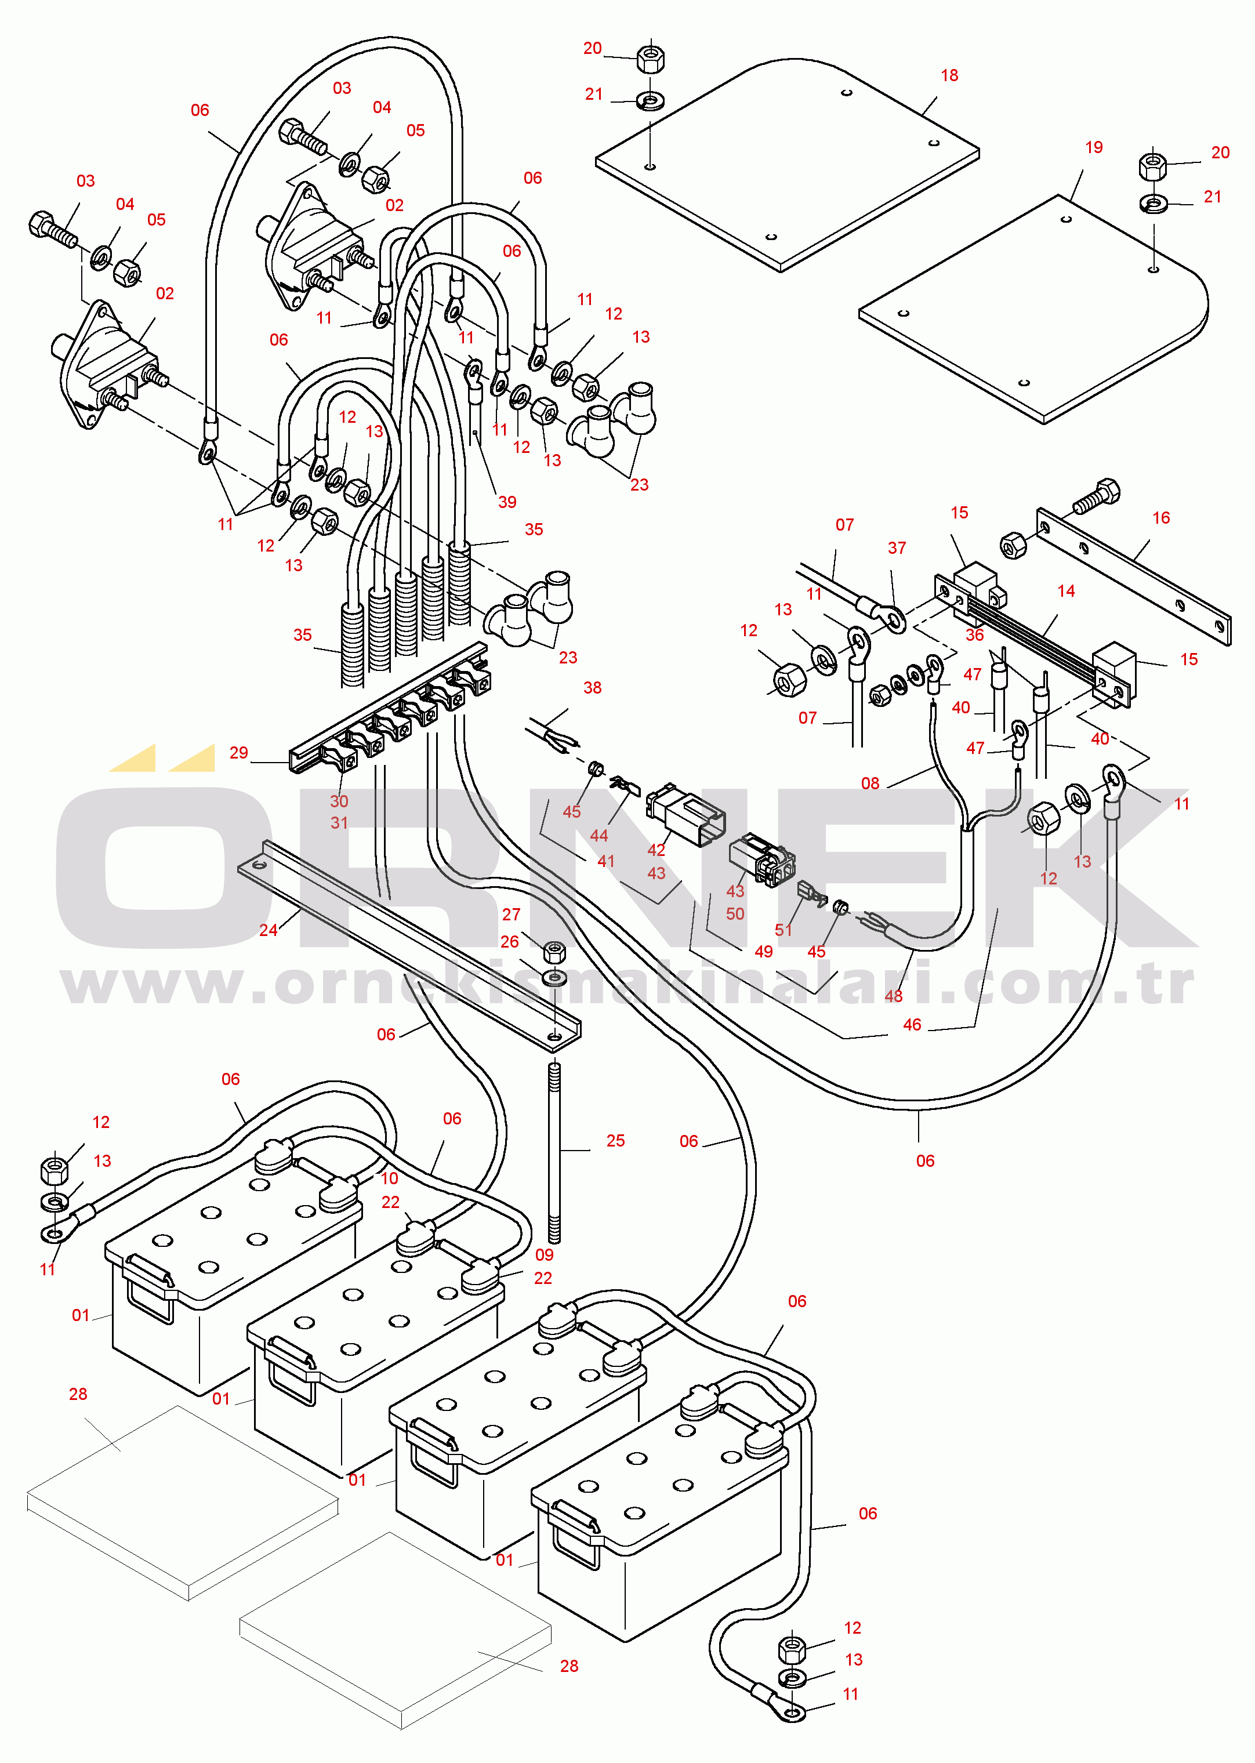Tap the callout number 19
(x=1094, y=147)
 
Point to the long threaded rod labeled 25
(x=554, y=1151)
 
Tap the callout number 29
(x=239, y=753)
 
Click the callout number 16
(x=1160, y=518)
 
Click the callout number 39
(x=507, y=502)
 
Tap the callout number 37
(x=897, y=549)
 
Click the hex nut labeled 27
(x=553, y=951)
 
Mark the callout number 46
(x=912, y=1024)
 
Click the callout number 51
(x=784, y=930)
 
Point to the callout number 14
(x=1066, y=591)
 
